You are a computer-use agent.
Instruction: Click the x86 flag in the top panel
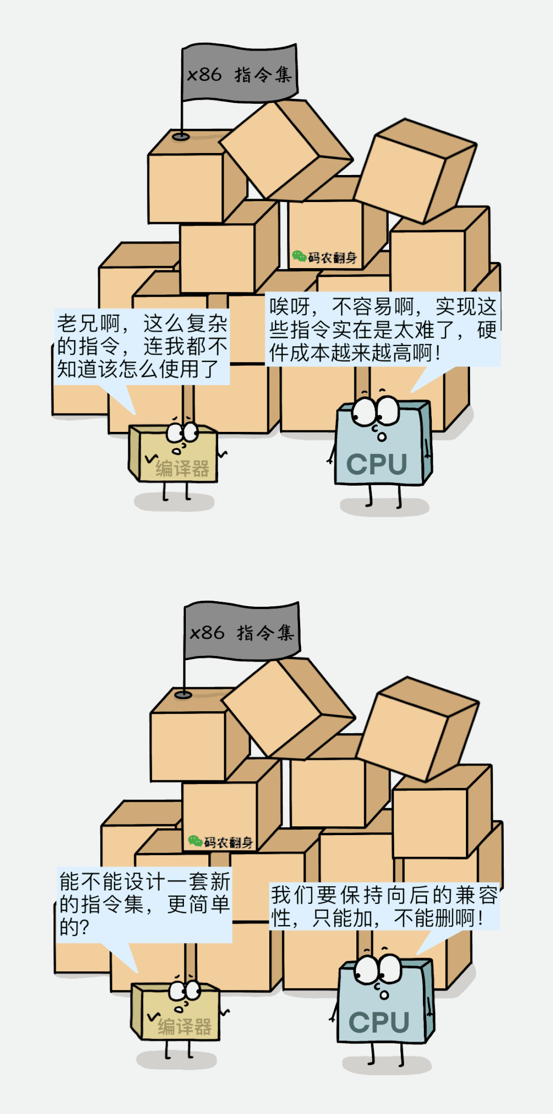tap(240, 74)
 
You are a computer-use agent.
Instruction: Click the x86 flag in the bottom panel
tap(242, 632)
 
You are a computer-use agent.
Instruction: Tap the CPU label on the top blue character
tap(377, 465)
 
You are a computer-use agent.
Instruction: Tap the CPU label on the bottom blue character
tap(379, 1022)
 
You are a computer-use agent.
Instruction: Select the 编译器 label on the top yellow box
tap(182, 468)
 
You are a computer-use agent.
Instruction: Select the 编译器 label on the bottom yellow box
tap(184, 1026)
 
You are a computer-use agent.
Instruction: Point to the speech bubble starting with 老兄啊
tap(141, 346)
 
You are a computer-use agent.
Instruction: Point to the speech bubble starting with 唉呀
tap(382, 330)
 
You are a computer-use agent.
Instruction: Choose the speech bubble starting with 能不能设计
tap(144, 904)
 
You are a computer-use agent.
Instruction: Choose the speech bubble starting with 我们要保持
tap(384, 906)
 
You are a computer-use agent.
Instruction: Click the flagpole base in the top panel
tap(181, 137)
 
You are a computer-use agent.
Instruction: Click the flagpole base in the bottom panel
tap(183, 694)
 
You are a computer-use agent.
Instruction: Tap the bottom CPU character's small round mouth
tap(384, 995)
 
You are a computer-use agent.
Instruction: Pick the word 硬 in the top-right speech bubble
tap(486, 330)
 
